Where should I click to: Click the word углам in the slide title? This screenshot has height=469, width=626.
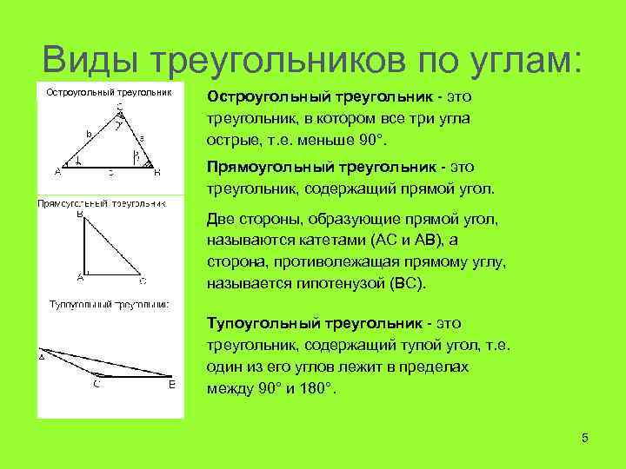521,60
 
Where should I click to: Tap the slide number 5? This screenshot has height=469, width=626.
585,438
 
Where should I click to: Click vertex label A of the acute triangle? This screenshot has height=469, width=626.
57,171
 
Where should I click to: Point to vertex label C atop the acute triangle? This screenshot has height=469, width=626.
118,108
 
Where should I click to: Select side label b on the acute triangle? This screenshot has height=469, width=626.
88,135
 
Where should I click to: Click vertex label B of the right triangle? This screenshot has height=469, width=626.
80,213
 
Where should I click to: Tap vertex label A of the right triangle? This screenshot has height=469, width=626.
79,277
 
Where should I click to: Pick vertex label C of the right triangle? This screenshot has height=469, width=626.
142,281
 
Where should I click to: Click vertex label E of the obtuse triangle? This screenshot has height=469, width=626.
172,385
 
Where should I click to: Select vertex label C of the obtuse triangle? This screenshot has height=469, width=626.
96,385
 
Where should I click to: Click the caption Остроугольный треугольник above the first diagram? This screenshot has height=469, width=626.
109,91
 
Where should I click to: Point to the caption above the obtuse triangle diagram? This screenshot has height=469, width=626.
109,304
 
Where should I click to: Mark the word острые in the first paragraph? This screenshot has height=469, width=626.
230,140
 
